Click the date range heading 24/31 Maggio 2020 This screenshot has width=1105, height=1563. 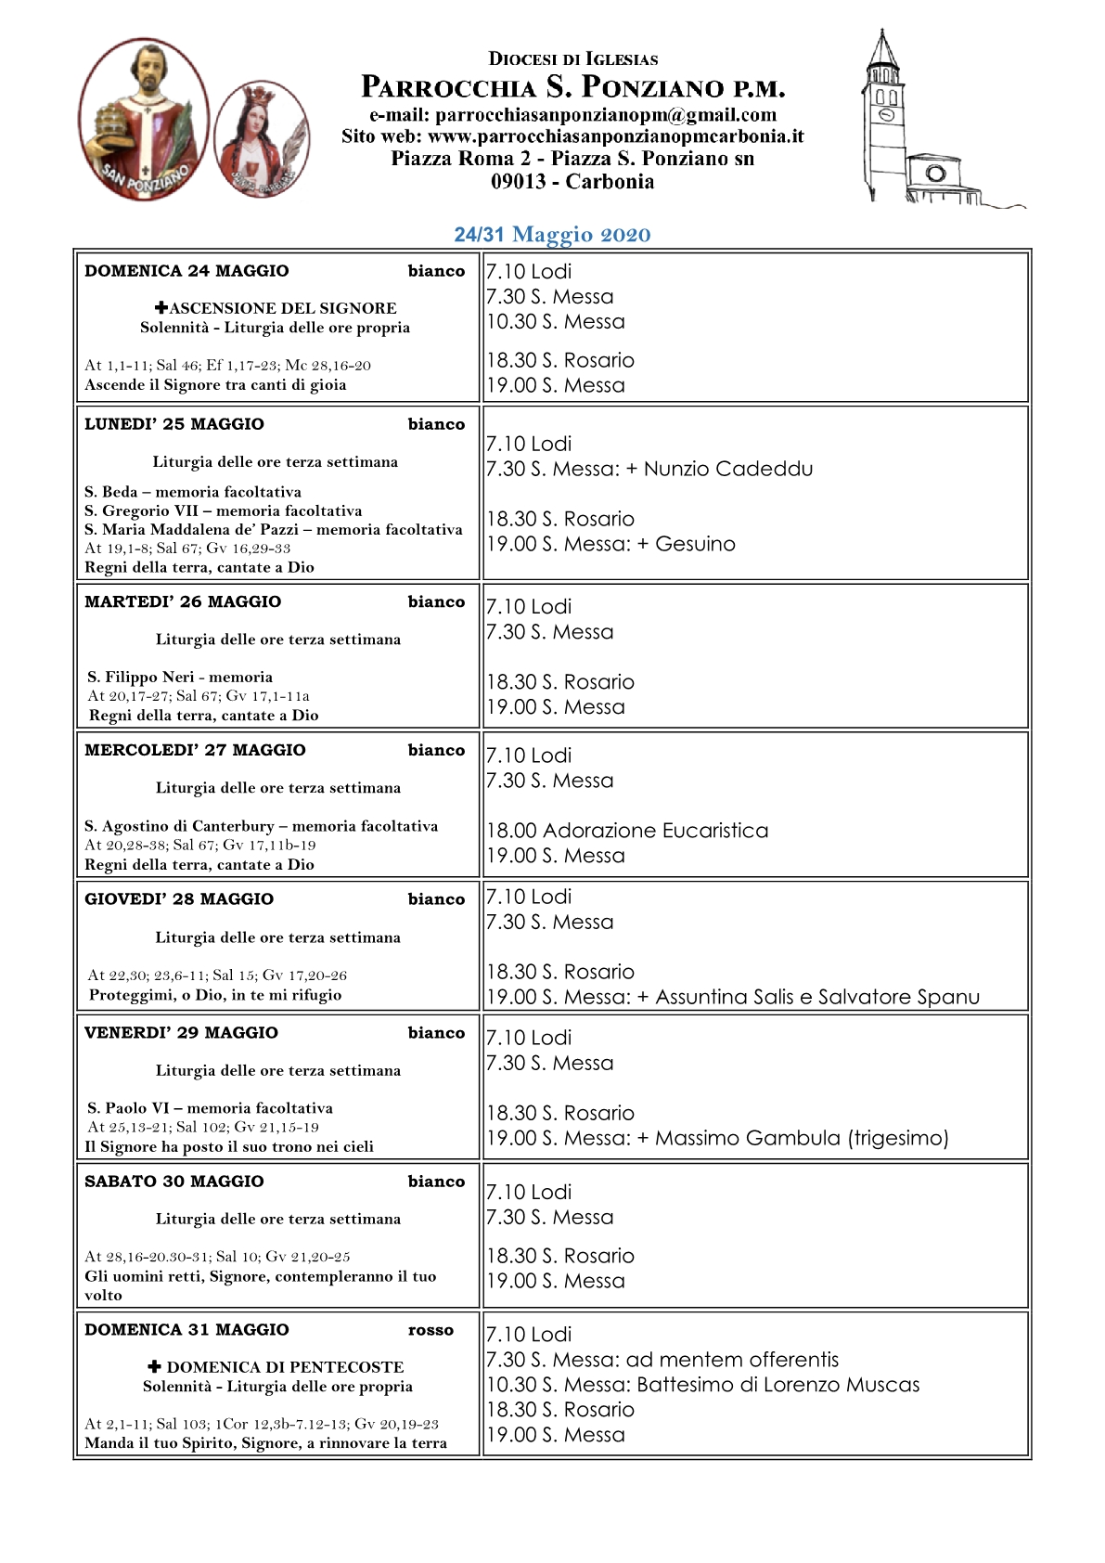[x=552, y=234]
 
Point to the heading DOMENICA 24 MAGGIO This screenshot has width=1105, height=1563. [x=186, y=271]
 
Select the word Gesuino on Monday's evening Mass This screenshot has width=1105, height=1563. [x=695, y=544]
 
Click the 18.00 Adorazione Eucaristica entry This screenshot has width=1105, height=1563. [x=628, y=830]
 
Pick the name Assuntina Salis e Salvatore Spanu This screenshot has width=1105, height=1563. [x=817, y=997]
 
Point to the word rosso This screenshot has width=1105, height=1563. [x=430, y=1330]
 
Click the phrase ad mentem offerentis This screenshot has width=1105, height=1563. [x=732, y=1360]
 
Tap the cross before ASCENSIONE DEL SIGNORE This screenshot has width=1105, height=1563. [x=161, y=307]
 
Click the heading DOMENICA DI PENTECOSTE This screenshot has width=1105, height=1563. [x=285, y=1367]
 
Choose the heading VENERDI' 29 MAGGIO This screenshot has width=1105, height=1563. [x=181, y=1033]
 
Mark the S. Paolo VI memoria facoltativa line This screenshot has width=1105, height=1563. [x=211, y=1108]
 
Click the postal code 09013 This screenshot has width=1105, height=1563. [x=518, y=182]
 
